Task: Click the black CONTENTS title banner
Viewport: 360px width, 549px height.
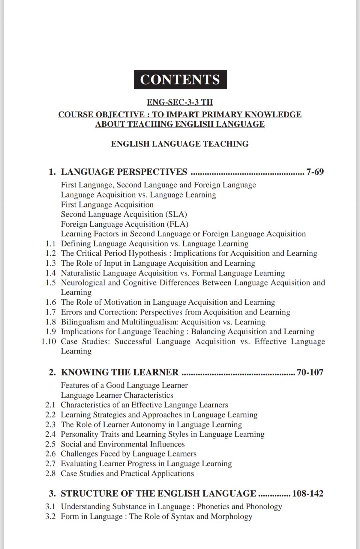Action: point(180,79)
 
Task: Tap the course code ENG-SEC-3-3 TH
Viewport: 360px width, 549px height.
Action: point(180,102)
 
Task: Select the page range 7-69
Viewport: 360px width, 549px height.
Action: point(315,172)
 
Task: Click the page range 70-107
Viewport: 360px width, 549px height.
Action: point(310,372)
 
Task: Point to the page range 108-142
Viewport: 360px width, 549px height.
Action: point(308,494)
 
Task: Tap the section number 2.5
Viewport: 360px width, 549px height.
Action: point(50,444)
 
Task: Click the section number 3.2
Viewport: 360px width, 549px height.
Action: point(50,517)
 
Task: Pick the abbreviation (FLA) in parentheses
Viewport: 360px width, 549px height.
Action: point(177,224)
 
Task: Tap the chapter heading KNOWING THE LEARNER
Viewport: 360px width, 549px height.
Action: point(120,372)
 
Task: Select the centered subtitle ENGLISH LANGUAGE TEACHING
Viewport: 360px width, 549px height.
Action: point(180,144)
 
